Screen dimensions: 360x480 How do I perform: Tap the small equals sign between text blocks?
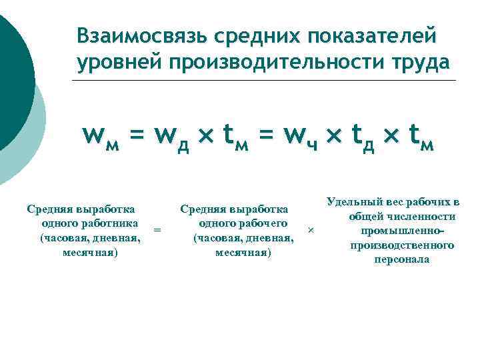pyautogui.click(x=157, y=230)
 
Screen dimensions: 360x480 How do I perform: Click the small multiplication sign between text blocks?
pyautogui.click(x=310, y=230)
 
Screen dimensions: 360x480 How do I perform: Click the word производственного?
pyautogui.click(x=402, y=245)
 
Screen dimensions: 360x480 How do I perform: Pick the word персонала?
pyautogui.click(x=402, y=260)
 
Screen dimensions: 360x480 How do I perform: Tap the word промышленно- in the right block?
pyautogui.click(x=402, y=231)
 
